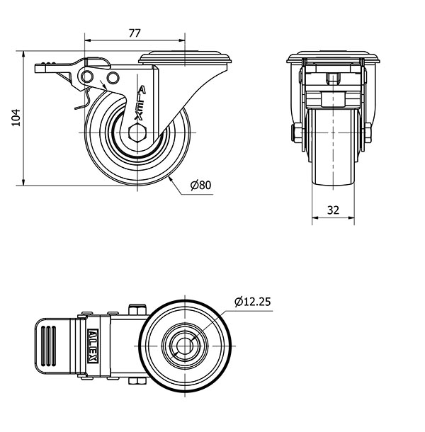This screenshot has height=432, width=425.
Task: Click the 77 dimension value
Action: [135, 33]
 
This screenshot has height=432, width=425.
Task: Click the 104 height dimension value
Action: [16, 118]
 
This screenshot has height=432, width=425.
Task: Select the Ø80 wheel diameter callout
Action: [201, 185]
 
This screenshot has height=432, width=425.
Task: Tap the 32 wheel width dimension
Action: [333, 210]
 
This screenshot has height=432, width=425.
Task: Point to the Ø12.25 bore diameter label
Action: [253, 302]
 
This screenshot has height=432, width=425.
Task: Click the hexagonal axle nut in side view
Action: [137, 132]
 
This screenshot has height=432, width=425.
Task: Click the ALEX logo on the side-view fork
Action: [140, 103]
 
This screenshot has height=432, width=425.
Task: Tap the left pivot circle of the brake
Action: [86, 76]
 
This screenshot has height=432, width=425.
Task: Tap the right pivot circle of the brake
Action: [113, 78]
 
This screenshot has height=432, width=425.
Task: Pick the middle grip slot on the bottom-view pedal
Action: [48, 346]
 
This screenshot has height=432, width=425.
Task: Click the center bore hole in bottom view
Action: [185, 346]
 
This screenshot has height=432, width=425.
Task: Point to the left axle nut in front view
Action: [297, 133]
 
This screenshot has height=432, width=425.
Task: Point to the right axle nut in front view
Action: [368, 133]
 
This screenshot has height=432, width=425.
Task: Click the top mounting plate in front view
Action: [333, 57]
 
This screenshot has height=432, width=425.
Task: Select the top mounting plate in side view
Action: [185, 57]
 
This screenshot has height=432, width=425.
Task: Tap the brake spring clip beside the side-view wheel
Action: [84, 99]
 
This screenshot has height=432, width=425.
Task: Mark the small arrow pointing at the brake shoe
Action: [103, 84]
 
